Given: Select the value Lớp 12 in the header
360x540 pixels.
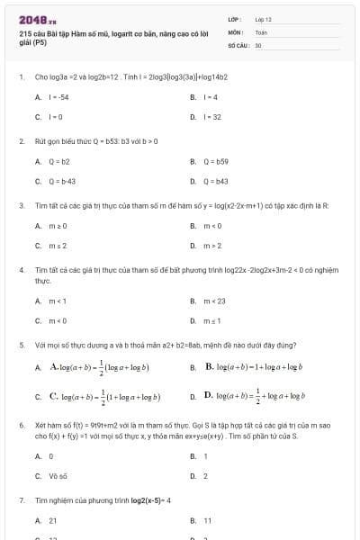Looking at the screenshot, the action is point(263,19).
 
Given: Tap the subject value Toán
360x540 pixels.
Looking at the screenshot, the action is point(261,31).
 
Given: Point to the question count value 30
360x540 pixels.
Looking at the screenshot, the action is point(258,43).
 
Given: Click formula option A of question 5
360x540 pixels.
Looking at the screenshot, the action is point(99,368).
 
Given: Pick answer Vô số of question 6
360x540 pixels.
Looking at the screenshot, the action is point(58,475).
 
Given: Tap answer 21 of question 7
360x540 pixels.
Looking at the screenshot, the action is point(53,520).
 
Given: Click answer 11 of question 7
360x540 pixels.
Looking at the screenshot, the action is point(208,520).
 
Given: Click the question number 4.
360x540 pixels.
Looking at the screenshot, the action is point(21,269).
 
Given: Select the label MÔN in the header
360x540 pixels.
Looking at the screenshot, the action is point(236,31).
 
